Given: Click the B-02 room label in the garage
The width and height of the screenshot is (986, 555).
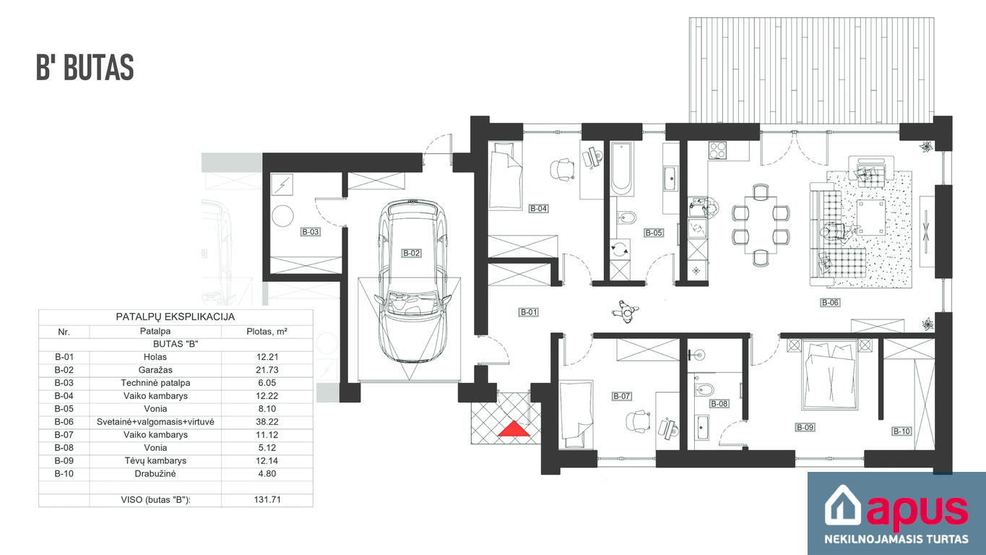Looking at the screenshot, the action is (x=412, y=253).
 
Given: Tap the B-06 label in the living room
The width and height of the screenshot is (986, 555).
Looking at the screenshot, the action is (x=830, y=303).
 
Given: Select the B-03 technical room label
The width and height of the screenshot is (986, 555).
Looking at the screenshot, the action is (x=310, y=232).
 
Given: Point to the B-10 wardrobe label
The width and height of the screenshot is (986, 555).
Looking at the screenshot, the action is (x=901, y=431).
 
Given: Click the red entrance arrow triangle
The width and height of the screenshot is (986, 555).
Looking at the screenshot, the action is (x=514, y=429).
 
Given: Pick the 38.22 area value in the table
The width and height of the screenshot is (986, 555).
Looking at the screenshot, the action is (x=267, y=422).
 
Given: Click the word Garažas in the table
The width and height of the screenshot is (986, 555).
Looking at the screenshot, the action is (x=155, y=370).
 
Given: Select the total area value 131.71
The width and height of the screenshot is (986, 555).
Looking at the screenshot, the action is (x=267, y=500).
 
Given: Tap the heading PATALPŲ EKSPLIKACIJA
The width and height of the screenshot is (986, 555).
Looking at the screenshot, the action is (x=176, y=317).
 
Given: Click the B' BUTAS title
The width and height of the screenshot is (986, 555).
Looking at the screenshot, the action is (x=85, y=67).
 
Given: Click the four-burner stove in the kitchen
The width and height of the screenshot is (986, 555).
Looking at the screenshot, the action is (x=717, y=150).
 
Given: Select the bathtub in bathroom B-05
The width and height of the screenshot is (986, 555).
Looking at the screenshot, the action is (x=622, y=168).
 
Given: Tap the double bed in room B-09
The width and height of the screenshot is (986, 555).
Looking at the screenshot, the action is (x=829, y=375).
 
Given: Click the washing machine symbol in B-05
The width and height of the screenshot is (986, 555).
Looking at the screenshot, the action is (x=620, y=250).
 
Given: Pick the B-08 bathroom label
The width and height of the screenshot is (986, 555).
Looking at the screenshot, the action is (x=719, y=404).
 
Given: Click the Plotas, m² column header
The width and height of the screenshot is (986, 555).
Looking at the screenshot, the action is (x=267, y=332).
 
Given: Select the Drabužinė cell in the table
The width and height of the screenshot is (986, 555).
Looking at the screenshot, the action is (x=155, y=474).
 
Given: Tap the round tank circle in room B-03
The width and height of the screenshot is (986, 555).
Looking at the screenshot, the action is (x=282, y=216).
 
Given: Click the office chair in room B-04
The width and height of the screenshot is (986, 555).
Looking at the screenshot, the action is (x=562, y=170).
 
